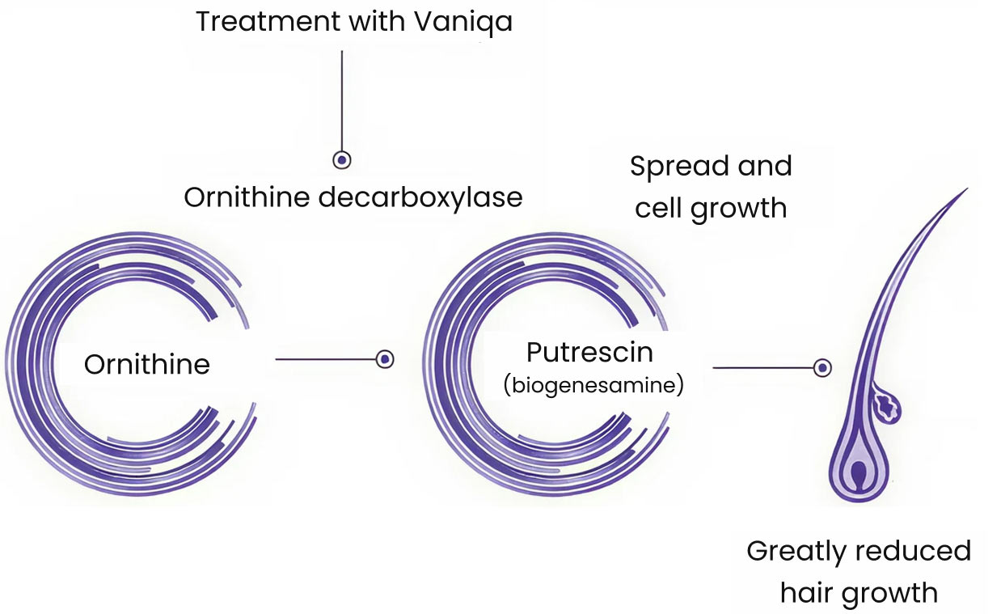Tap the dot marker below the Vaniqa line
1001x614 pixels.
tap(342, 160)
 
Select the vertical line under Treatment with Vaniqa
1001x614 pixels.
tap(342, 97)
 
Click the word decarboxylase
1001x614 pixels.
tap(421, 197)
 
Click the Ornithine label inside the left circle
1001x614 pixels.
tap(147, 364)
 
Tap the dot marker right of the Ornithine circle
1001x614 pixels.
tap(386, 359)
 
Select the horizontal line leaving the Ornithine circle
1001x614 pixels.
tap(323, 359)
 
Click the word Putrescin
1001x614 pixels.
tap(589, 353)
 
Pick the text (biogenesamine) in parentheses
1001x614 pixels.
tap(593, 386)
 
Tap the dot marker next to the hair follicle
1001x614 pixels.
tap(822, 368)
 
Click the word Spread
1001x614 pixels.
tap(677, 166)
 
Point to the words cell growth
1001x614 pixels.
tap(711, 208)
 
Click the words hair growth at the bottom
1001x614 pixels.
tap(859, 593)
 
